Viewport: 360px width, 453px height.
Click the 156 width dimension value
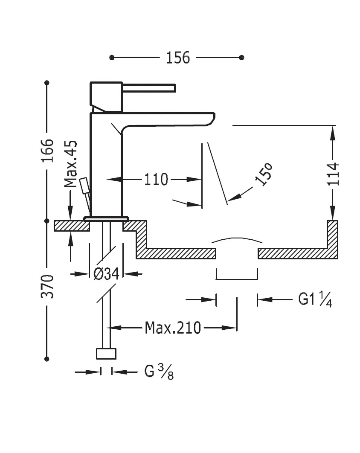[177, 58]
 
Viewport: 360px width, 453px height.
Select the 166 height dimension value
[48, 150]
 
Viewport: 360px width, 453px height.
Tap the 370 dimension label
[48, 286]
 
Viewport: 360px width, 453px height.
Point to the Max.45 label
[71, 164]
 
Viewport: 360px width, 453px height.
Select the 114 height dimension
[333, 174]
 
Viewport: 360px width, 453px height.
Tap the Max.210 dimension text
[172, 328]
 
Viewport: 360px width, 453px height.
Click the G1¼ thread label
[315, 300]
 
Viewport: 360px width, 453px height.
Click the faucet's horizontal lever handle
[149, 87]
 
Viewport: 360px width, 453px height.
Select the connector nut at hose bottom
[106, 354]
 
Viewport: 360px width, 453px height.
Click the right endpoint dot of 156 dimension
[242, 57]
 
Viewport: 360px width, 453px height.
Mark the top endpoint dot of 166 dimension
[47, 82]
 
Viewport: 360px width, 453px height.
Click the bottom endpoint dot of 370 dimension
[47, 359]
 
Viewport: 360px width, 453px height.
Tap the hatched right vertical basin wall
[333, 239]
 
